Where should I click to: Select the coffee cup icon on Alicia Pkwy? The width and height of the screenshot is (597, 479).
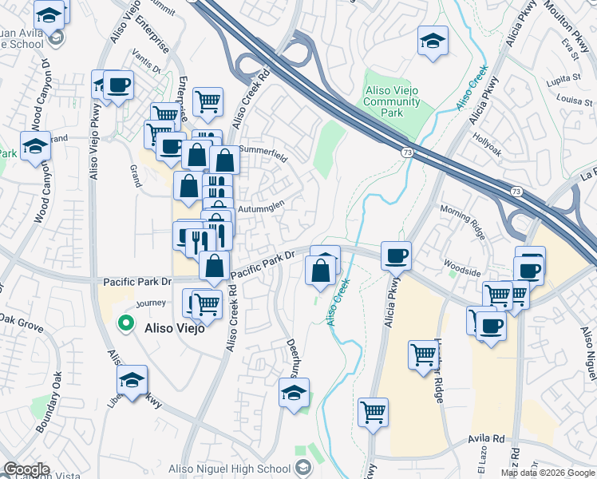click(x=396, y=257)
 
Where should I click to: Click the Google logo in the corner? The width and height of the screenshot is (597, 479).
click(x=26, y=470)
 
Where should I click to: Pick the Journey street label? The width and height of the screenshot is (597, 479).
click(x=150, y=303)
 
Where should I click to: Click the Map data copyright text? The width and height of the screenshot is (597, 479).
click(x=548, y=473)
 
